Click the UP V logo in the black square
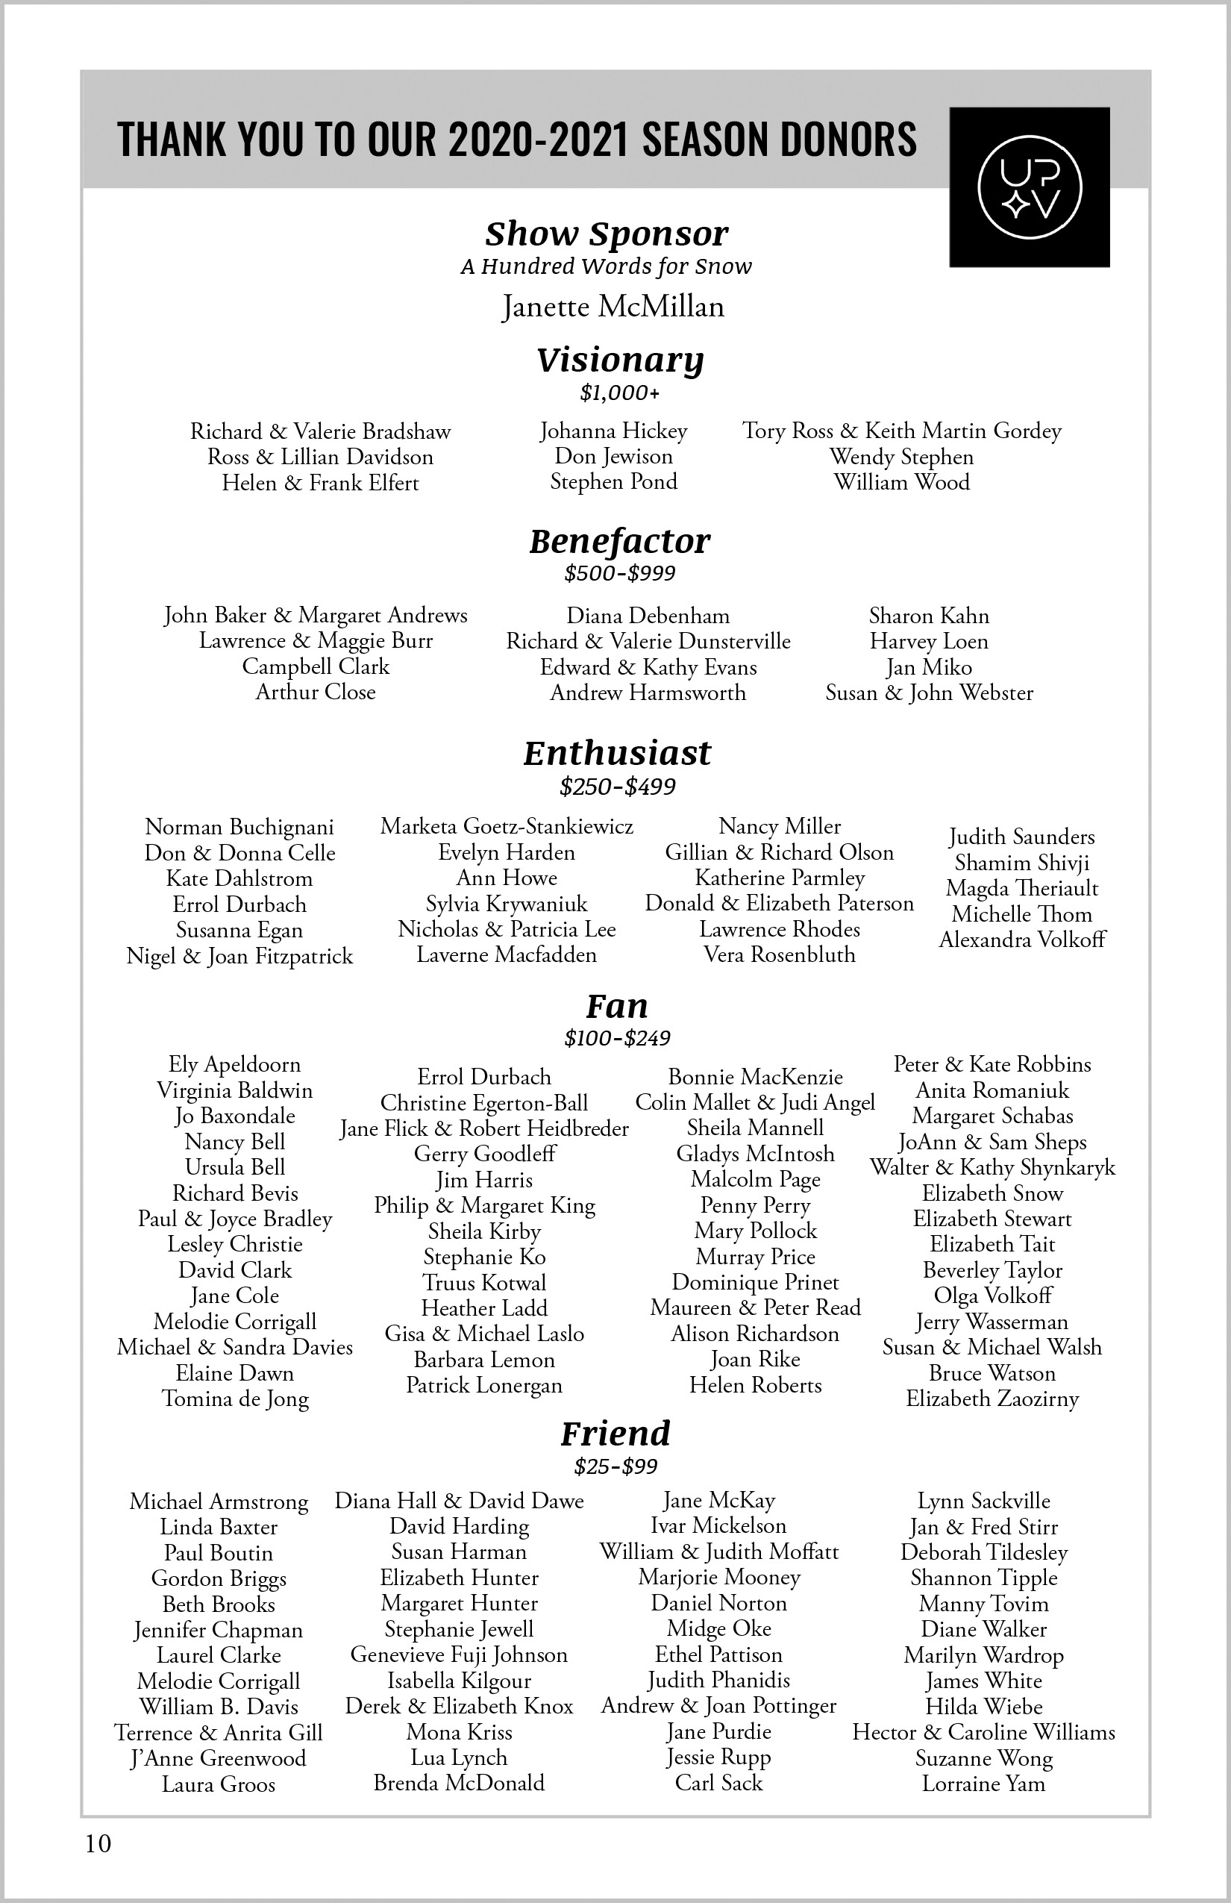tap(1030, 187)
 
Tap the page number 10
tap(98, 1843)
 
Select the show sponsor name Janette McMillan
tap(613, 306)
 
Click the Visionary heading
tap(620, 360)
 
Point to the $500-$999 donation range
tap(619, 572)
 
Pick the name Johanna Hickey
tap(613, 431)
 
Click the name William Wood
tap(902, 482)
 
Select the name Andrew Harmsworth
tap(648, 693)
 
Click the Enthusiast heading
tap(617, 753)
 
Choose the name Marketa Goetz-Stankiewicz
tap(507, 826)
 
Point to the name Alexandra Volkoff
tap(1021, 940)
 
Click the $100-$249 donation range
tap(617, 1038)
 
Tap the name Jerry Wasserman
tap(992, 1322)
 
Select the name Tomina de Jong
tap(235, 1399)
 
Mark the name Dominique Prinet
tap(755, 1283)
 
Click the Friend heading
tap(615, 1433)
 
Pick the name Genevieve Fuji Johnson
tap(459, 1654)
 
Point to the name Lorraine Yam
tap(983, 1783)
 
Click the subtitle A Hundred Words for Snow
tap(606, 266)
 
